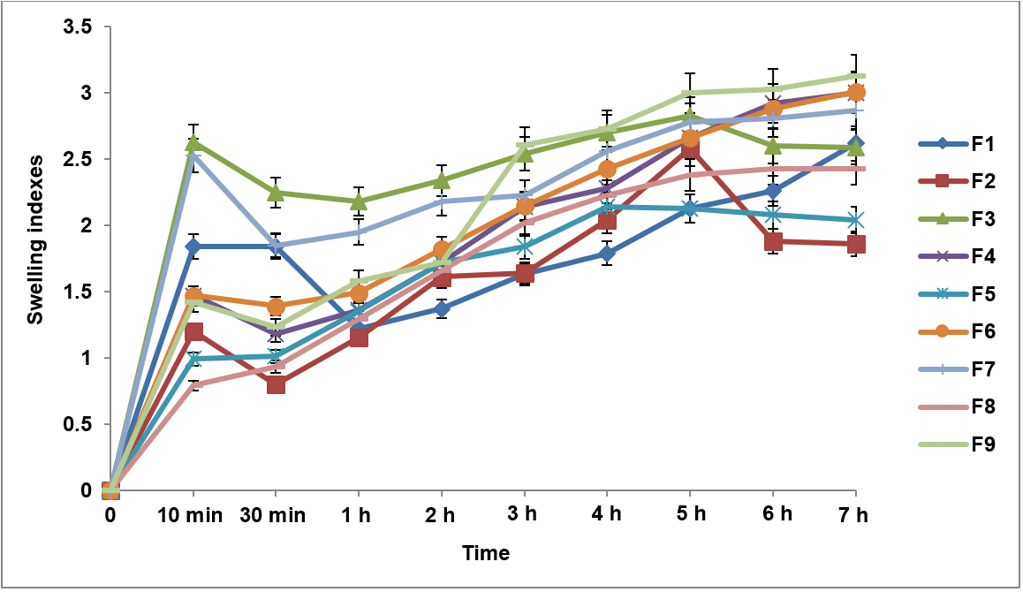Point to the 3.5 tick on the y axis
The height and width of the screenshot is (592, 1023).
coord(78,27)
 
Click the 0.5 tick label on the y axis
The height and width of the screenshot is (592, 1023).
coord(78,424)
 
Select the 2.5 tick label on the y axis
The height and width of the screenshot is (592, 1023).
coord(78,159)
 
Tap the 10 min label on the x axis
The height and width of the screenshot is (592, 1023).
coord(193,514)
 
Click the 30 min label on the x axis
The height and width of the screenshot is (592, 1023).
coord(275,514)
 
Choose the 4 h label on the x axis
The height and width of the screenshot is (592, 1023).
coord(606,514)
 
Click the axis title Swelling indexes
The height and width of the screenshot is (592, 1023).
coord(34,258)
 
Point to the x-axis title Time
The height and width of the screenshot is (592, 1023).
coord(485,554)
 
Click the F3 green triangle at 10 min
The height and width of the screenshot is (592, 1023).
coord(193,143)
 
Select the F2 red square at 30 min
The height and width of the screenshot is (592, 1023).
coord(276,384)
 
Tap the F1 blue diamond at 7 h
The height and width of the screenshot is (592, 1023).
coord(855,143)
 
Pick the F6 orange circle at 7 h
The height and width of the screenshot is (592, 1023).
coord(855,93)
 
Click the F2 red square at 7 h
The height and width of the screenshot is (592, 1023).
coord(855,244)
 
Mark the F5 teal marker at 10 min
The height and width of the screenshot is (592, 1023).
coord(193,359)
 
